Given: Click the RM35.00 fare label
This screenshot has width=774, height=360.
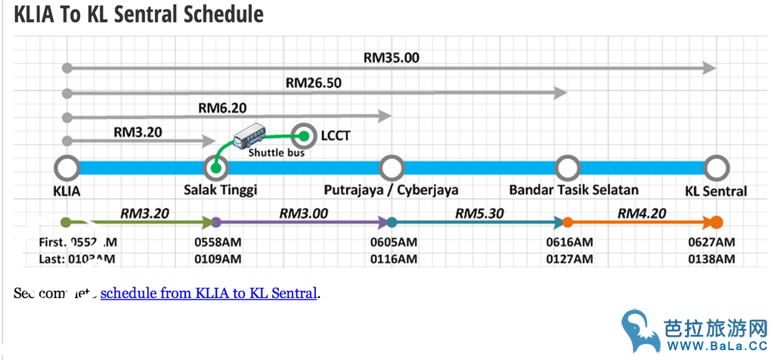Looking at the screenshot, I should pos(391,57).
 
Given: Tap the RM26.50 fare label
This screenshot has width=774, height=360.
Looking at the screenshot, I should pos(314,82).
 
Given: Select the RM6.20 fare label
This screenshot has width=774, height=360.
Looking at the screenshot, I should pos(222,107).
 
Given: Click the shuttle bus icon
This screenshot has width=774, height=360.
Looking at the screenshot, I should pos(249,138).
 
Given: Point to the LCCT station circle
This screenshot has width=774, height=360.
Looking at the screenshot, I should pos(305,136).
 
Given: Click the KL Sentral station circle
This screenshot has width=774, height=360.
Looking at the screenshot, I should pos(715,168).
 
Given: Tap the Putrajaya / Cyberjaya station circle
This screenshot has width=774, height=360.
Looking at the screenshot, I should pos(391,168).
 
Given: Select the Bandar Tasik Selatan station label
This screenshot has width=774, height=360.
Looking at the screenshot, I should pos(574,190).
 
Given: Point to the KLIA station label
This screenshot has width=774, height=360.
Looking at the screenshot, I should pos(67,191).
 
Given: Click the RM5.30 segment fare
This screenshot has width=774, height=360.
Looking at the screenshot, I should pos(479,213).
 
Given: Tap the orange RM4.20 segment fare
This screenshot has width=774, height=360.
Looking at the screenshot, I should pos(642,213).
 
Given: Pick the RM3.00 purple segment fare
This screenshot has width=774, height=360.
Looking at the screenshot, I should pos(304,213).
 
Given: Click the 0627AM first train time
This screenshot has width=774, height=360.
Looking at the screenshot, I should pos(711,242).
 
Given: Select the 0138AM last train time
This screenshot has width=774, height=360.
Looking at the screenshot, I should pos(711,259).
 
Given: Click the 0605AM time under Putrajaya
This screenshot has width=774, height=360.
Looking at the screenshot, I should pos(394,242).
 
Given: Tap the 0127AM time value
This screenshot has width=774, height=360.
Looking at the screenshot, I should pos(569,259).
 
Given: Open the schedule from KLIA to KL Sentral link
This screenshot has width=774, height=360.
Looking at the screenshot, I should pos(209,293).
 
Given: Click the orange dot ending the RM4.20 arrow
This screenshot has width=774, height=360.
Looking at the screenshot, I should pos(717,222).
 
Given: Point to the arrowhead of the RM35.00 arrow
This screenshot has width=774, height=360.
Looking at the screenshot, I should pos(709,68).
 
